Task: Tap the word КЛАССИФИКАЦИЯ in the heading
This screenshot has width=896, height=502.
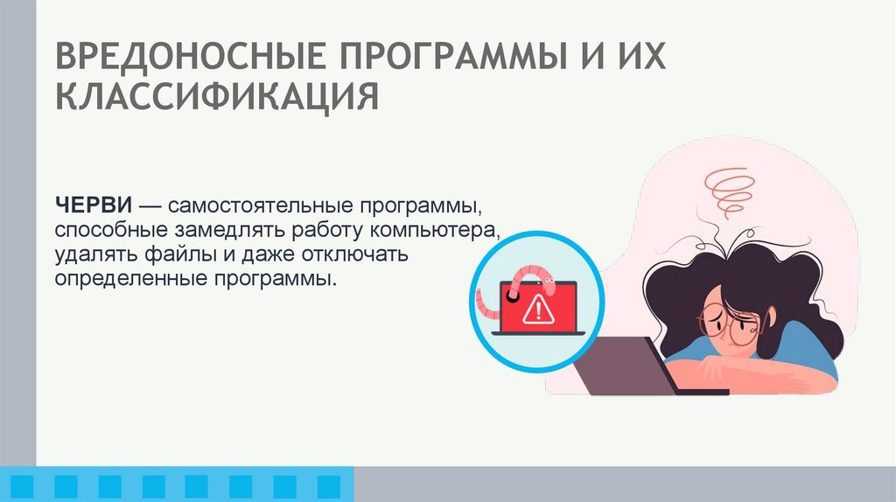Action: click(x=218, y=96)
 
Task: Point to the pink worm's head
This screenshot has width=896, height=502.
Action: click(x=549, y=281)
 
